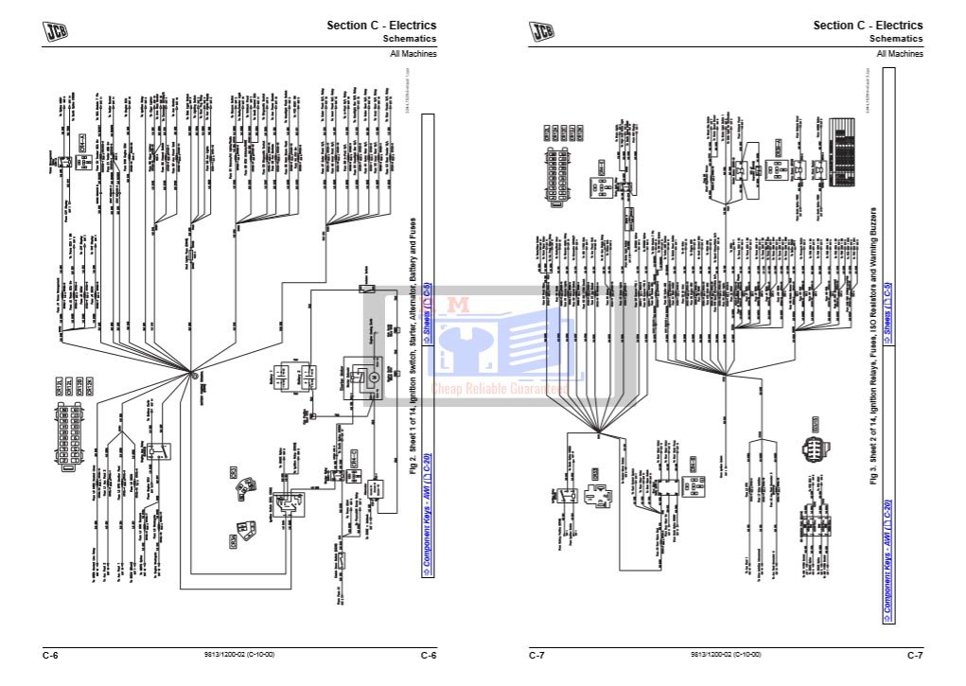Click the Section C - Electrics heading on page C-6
tap(381, 26)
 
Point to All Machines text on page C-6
tap(413, 54)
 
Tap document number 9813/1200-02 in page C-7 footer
tap(725, 655)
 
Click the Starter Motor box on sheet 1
tap(359, 371)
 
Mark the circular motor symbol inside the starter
tap(372, 378)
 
